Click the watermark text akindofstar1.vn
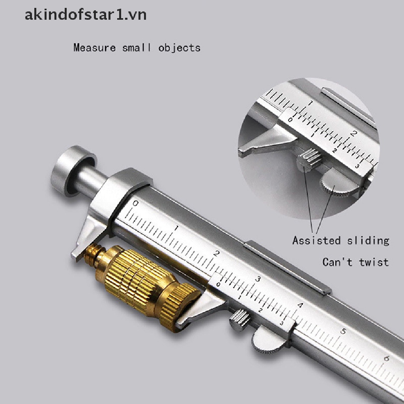tap(86, 15)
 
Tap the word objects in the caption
tap(180, 48)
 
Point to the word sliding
tap(367, 240)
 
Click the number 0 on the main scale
tap(135, 204)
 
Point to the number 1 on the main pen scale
tap(176, 228)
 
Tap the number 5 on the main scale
tap(343, 331)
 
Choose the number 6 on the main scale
tap(386, 358)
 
